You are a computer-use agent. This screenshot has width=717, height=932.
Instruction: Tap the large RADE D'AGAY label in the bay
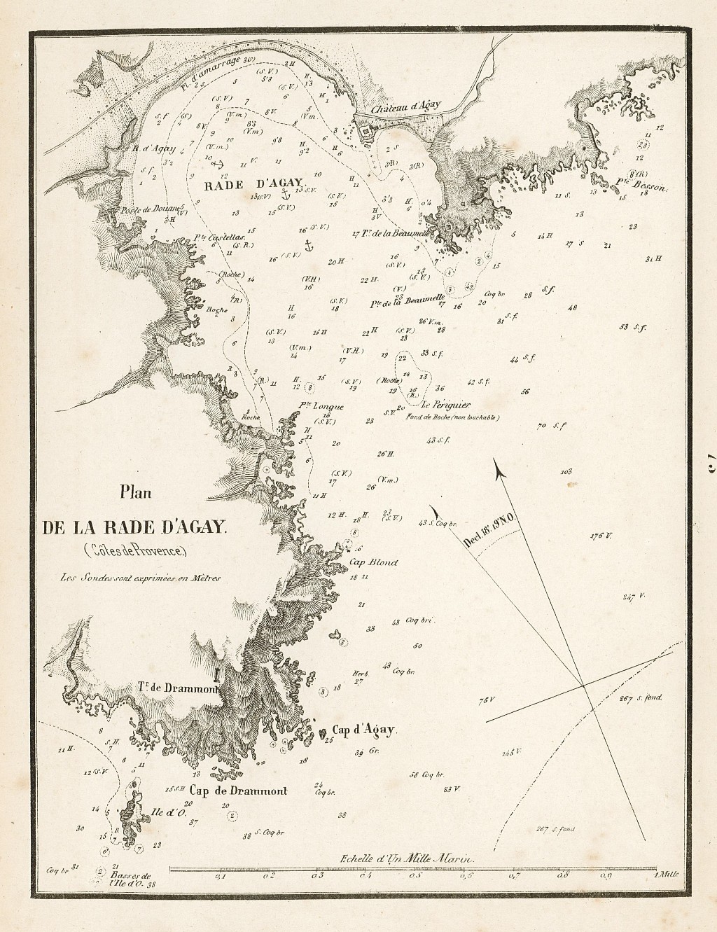[x=253, y=186]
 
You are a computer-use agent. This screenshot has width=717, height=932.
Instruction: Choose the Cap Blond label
[x=373, y=562]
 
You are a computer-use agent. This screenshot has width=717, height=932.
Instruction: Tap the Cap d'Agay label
[x=364, y=730]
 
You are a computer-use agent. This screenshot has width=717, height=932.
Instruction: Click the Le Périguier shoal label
[x=450, y=404]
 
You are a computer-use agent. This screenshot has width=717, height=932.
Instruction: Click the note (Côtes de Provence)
[x=135, y=550]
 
